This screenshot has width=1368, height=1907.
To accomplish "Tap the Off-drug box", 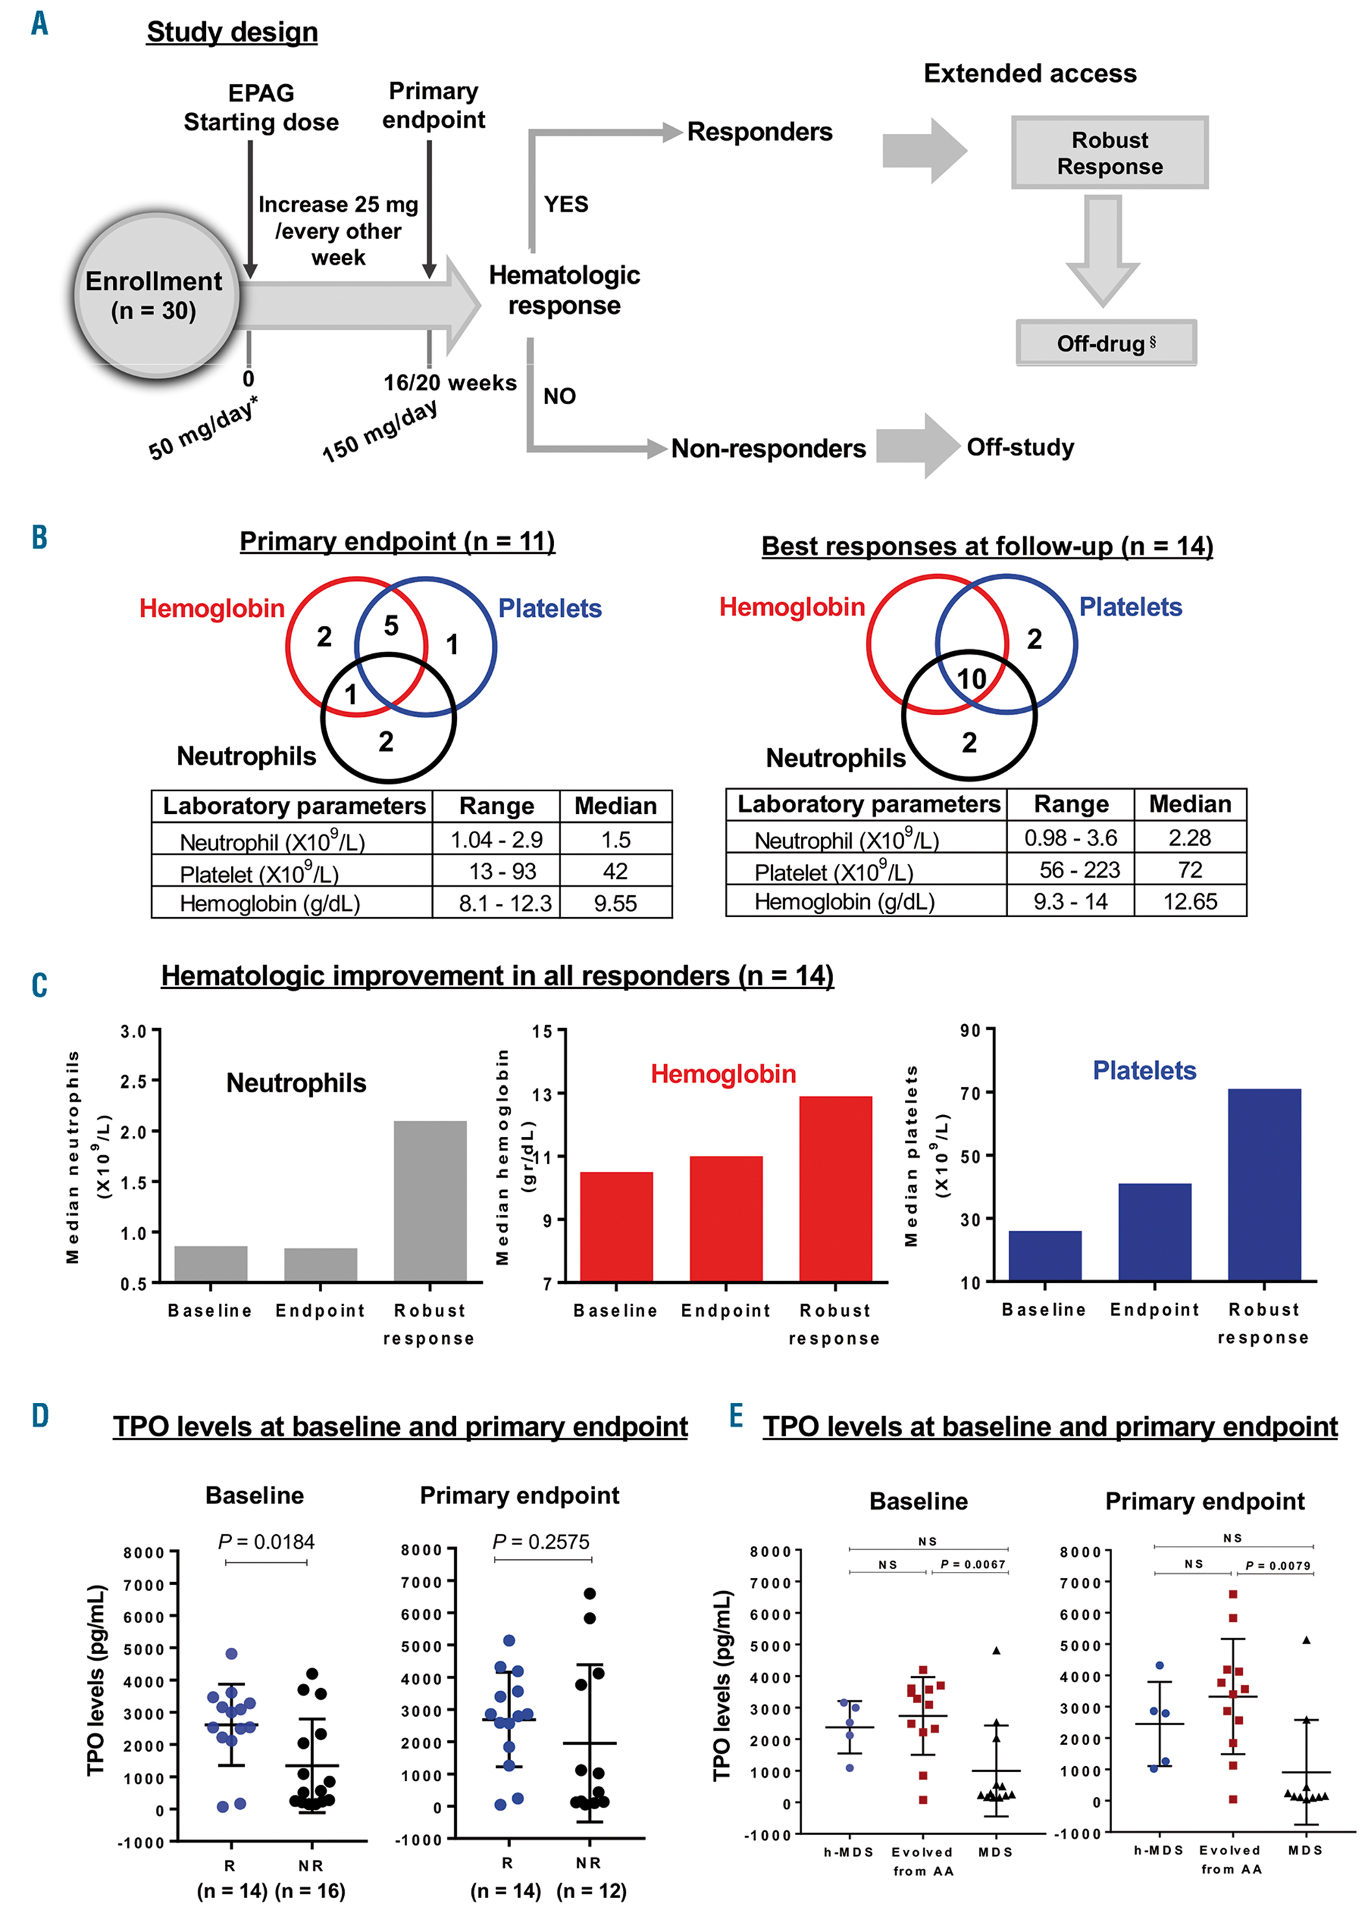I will [x=1105, y=343].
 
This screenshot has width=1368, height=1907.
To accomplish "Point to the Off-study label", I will [x=1020, y=447].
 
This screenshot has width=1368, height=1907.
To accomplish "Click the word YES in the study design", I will [x=566, y=205].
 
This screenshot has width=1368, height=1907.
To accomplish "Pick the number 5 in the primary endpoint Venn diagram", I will [x=391, y=626].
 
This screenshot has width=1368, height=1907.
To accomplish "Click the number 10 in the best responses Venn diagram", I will [x=971, y=679].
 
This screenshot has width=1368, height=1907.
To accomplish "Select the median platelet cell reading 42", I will [x=616, y=871].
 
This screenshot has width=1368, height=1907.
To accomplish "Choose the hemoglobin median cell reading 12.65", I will [x=1189, y=902].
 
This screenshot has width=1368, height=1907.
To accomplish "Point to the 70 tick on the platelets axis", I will [x=971, y=1093].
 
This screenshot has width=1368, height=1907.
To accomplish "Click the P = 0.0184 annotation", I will [x=265, y=1541].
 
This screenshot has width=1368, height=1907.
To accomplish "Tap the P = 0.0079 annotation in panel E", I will [x=1277, y=1565].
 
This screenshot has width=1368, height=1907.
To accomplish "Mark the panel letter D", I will [x=40, y=1416].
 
